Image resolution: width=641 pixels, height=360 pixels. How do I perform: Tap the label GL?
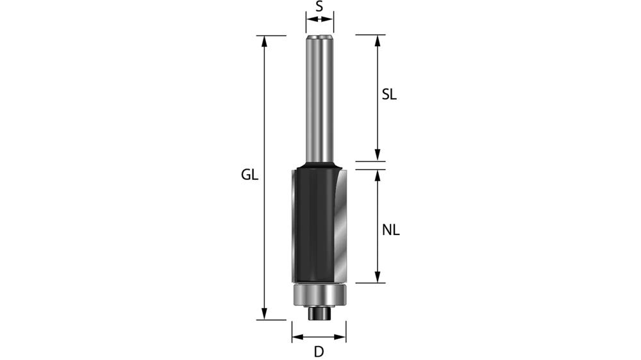[x=249, y=175]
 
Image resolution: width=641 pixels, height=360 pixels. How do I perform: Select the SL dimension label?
[x=389, y=95]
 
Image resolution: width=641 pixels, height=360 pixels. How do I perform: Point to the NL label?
[x=390, y=230]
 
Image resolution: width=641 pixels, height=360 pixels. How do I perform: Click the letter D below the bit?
[x=319, y=351]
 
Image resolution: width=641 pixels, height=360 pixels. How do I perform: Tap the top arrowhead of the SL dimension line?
[x=378, y=40]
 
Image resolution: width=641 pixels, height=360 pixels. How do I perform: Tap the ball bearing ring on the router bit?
[x=319, y=295]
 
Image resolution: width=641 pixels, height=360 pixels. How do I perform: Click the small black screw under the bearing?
[x=319, y=313]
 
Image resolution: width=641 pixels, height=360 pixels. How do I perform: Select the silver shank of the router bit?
[x=319, y=102]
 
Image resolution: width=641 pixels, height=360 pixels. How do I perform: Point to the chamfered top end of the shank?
[x=319, y=38]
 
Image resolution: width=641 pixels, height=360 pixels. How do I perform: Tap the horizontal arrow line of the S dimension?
[x=319, y=20]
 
